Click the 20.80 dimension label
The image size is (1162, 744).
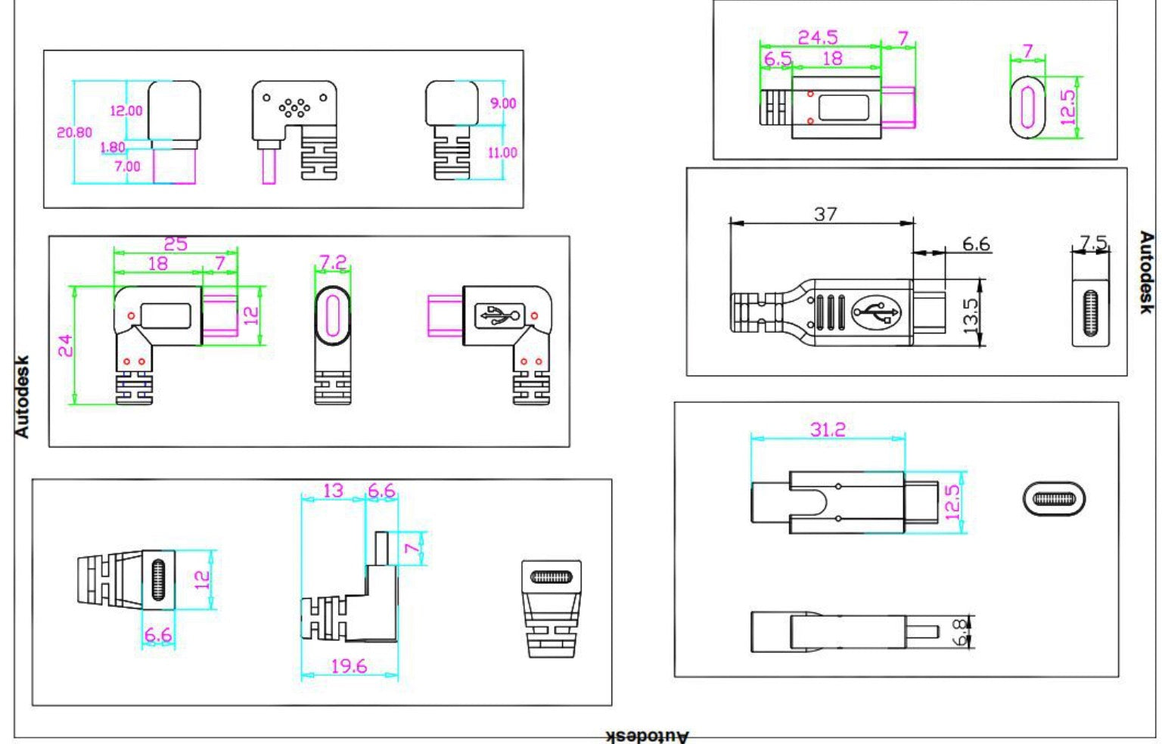(x=74, y=133)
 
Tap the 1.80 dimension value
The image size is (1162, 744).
(x=113, y=147)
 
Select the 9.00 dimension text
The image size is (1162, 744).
(x=503, y=103)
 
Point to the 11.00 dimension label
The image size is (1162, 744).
(x=502, y=153)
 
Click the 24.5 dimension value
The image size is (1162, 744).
(x=818, y=37)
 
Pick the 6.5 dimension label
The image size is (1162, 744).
(x=778, y=58)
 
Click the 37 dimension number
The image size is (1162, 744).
(x=825, y=214)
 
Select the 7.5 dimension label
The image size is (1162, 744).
(x=1093, y=242)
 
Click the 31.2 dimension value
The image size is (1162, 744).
(x=828, y=429)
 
